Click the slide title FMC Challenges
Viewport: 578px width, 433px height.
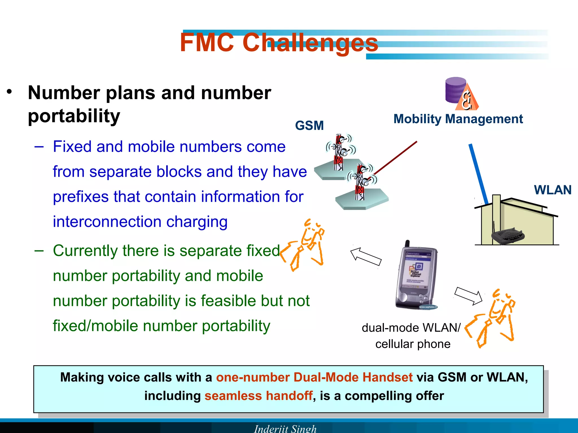click(279, 43)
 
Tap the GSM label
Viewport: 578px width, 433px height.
click(309, 126)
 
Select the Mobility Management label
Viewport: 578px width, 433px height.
click(458, 119)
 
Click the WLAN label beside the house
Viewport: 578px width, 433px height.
click(553, 190)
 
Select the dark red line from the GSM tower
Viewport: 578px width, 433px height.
click(395, 158)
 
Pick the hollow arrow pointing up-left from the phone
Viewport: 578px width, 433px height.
click(366, 256)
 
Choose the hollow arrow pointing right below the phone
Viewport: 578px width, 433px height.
click(468, 295)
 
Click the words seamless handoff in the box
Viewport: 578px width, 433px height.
click(259, 396)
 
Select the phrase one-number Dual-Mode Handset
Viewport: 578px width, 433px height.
click(314, 377)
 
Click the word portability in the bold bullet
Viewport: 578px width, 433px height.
click(74, 116)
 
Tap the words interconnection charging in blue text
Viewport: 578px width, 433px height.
click(140, 222)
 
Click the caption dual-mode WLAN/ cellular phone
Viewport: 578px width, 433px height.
click(411, 336)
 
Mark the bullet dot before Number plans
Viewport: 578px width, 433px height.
click(10, 92)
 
